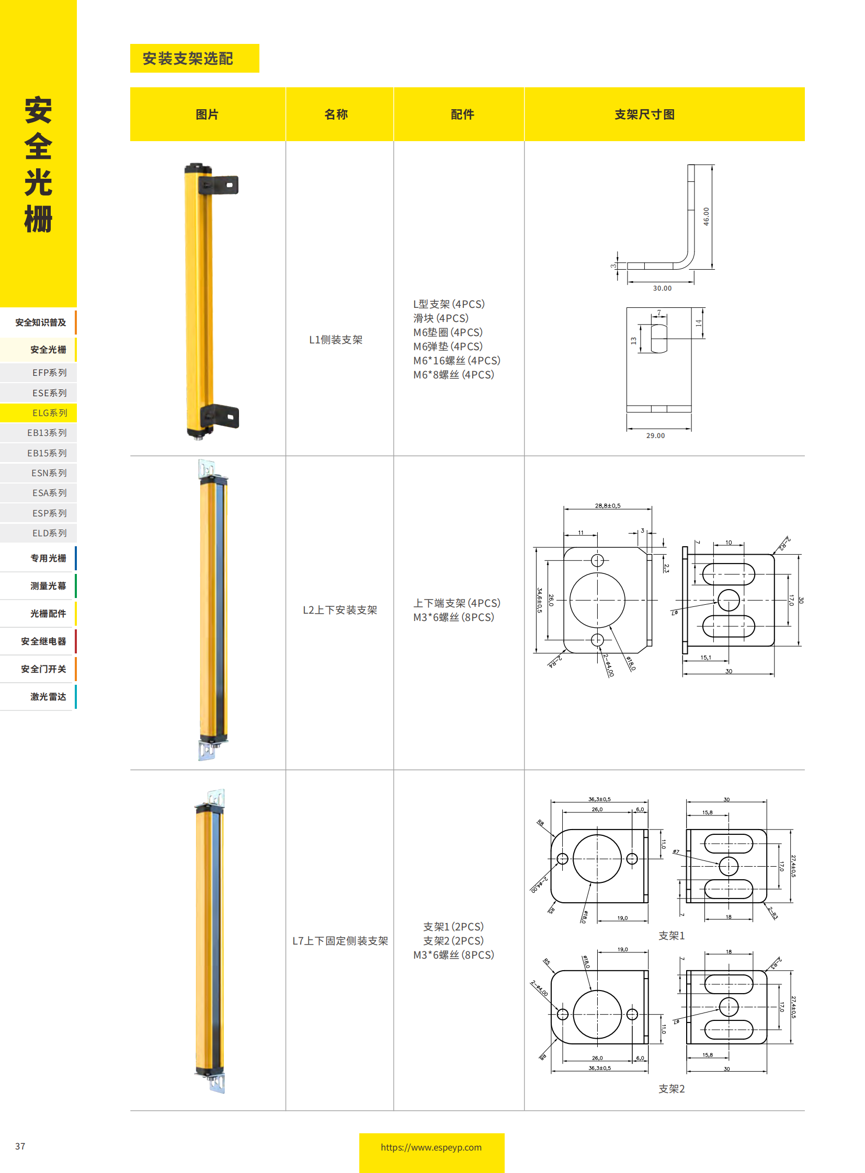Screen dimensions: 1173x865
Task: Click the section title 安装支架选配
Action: [x=187, y=59]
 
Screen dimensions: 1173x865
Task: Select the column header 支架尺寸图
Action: [x=644, y=114]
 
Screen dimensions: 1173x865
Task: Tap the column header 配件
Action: [x=462, y=114]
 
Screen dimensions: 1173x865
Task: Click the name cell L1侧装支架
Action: [x=336, y=340]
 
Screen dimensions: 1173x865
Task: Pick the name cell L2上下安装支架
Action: [x=340, y=610]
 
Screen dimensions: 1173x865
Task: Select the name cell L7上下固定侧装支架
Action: [x=340, y=940]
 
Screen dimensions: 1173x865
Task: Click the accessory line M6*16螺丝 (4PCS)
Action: [x=457, y=361]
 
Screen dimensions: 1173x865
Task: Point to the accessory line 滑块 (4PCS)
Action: [x=440, y=318]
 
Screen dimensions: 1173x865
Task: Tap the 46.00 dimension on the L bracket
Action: [x=706, y=216]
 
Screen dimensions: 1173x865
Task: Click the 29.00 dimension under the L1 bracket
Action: [x=655, y=435]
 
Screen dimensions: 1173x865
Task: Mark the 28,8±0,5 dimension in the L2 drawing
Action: [x=607, y=505]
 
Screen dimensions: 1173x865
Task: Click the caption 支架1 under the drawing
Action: [x=671, y=935]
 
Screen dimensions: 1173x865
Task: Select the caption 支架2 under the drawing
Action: [x=671, y=1089]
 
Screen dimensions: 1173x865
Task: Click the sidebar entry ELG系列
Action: [x=49, y=413]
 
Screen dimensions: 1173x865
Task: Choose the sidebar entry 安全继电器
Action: [x=43, y=641]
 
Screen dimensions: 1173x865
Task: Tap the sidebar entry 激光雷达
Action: [x=48, y=697]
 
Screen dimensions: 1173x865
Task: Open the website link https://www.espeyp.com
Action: [x=431, y=1147]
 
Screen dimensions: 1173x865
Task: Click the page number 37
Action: [x=20, y=1146]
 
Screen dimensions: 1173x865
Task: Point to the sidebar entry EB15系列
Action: [x=47, y=453]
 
